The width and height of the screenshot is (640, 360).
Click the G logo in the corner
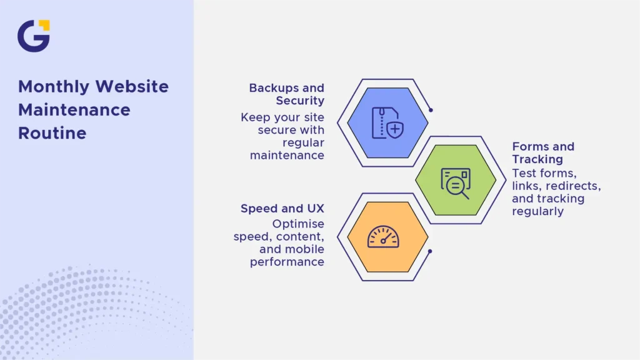(34, 36)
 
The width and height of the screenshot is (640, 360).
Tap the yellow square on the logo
(44, 25)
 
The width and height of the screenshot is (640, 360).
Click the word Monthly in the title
(54, 87)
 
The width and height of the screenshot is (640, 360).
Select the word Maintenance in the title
(74, 110)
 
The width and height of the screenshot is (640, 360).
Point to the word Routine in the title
(52, 133)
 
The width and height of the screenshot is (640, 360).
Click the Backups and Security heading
(286, 94)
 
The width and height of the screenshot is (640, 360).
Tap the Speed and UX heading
(282, 208)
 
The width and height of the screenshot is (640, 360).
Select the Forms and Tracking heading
(543, 152)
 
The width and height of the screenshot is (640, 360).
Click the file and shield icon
(387, 123)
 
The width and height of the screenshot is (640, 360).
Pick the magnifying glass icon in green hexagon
(456, 183)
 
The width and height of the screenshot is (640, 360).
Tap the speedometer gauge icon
(383, 237)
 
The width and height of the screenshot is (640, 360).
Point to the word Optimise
(298, 224)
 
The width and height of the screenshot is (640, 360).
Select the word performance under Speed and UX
(287, 262)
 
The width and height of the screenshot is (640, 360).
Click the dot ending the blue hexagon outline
(431, 110)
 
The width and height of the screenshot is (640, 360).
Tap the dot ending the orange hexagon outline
(430, 251)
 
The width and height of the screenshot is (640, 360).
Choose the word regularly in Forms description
(537, 211)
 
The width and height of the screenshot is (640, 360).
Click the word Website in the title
(132, 87)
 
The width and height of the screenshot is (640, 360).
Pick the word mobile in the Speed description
(304, 249)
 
